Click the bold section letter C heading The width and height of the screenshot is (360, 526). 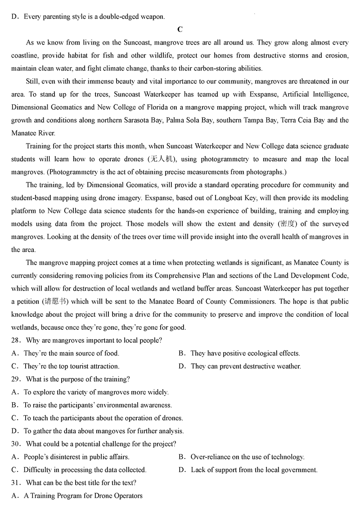pyautogui.click(x=180, y=30)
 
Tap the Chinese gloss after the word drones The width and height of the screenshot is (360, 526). pyautogui.click(x=158, y=159)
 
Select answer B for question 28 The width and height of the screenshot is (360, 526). pyautogui.click(x=239, y=354)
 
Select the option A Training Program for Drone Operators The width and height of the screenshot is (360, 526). pyautogui.click(x=77, y=496)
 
